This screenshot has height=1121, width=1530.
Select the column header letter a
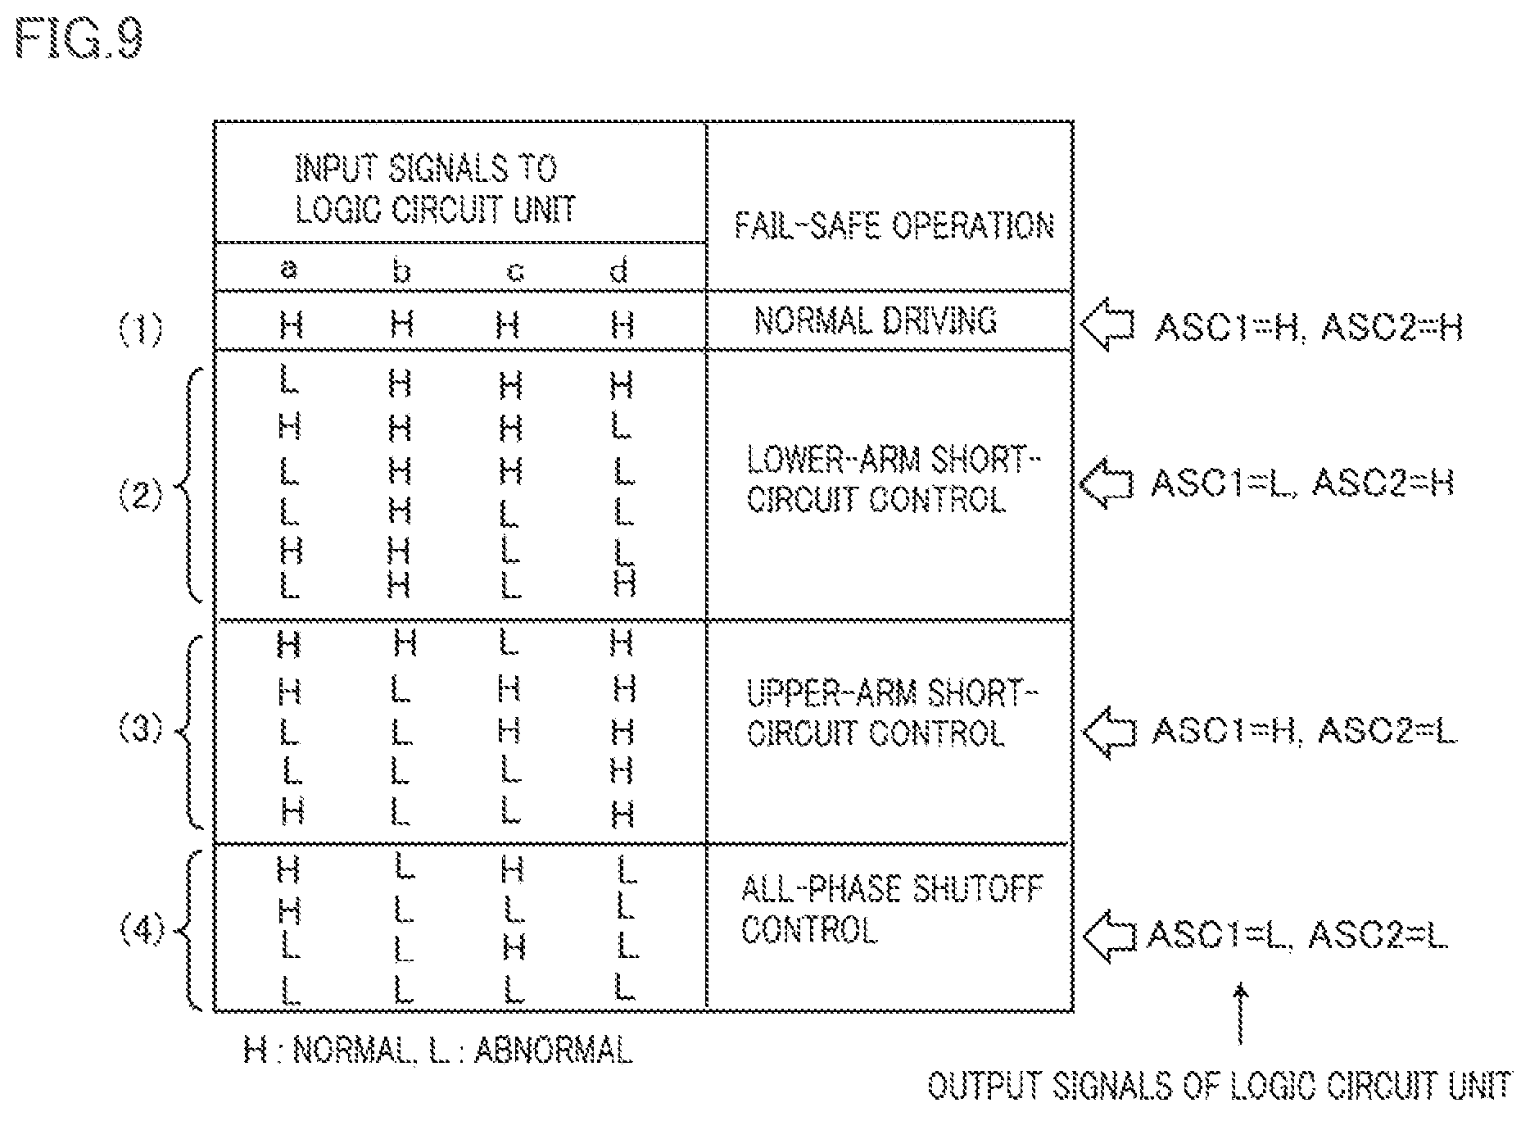coord(288,270)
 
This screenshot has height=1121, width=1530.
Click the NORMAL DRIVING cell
coord(876,320)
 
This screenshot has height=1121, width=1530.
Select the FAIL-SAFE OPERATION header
coord(894,225)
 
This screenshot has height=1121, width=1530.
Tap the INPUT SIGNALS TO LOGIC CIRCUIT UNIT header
coord(435,189)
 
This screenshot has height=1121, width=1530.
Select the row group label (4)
coord(142,932)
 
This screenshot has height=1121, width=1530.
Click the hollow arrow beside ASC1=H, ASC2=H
coord(1107,325)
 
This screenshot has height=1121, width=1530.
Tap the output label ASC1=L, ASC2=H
coord(1302,483)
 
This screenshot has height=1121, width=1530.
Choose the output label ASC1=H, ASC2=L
coord(1305,730)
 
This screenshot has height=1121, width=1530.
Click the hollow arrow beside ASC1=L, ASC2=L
coord(1108,936)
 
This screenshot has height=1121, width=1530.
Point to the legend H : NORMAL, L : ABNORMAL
coord(438,1050)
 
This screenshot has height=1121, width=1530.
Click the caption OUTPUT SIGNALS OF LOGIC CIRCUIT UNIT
coord(1219,1086)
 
